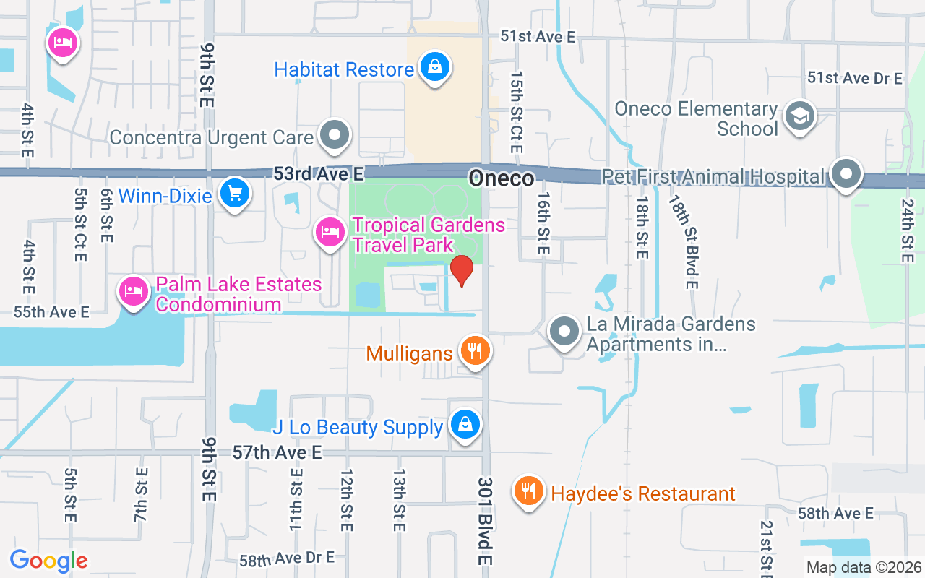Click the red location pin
[x=461, y=270]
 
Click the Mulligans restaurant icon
[x=474, y=351]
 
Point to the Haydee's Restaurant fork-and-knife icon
[x=529, y=491]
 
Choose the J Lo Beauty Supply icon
[x=465, y=424]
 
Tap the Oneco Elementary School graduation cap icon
[x=799, y=116]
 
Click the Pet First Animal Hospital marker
[x=846, y=173]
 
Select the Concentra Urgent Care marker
[x=334, y=135]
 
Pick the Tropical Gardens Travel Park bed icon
[x=330, y=232]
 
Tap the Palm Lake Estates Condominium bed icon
[x=134, y=291]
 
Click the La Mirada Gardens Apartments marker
[x=564, y=332]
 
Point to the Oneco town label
[x=501, y=178]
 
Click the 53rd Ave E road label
[x=318, y=174]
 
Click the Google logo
[x=48, y=561]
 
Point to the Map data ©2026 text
[x=864, y=568]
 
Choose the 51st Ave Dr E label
[x=855, y=78]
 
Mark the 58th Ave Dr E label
[x=287, y=558]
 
